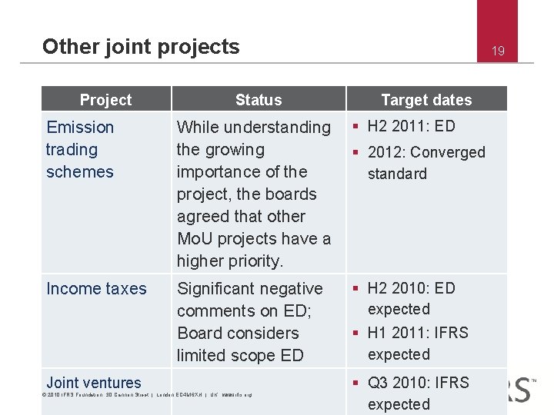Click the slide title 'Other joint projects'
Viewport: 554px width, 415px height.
[x=141, y=47]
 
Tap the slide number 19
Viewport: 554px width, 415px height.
[x=498, y=51]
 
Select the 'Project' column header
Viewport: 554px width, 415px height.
[x=105, y=100]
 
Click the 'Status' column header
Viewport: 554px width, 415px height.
[x=259, y=100]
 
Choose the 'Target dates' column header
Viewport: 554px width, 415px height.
[x=426, y=100]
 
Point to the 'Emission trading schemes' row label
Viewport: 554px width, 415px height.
[x=80, y=149]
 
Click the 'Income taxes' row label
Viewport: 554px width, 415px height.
[x=96, y=289]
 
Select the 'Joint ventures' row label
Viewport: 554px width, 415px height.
[x=94, y=383]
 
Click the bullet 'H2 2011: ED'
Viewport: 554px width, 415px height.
[x=411, y=126]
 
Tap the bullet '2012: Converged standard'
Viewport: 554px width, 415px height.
[x=426, y=162]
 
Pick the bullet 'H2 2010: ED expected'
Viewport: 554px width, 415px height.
[x=411, y=298]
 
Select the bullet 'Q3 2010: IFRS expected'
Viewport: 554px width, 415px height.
[x=418, y=393]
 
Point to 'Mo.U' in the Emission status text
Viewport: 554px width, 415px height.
[x=198, y=239]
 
